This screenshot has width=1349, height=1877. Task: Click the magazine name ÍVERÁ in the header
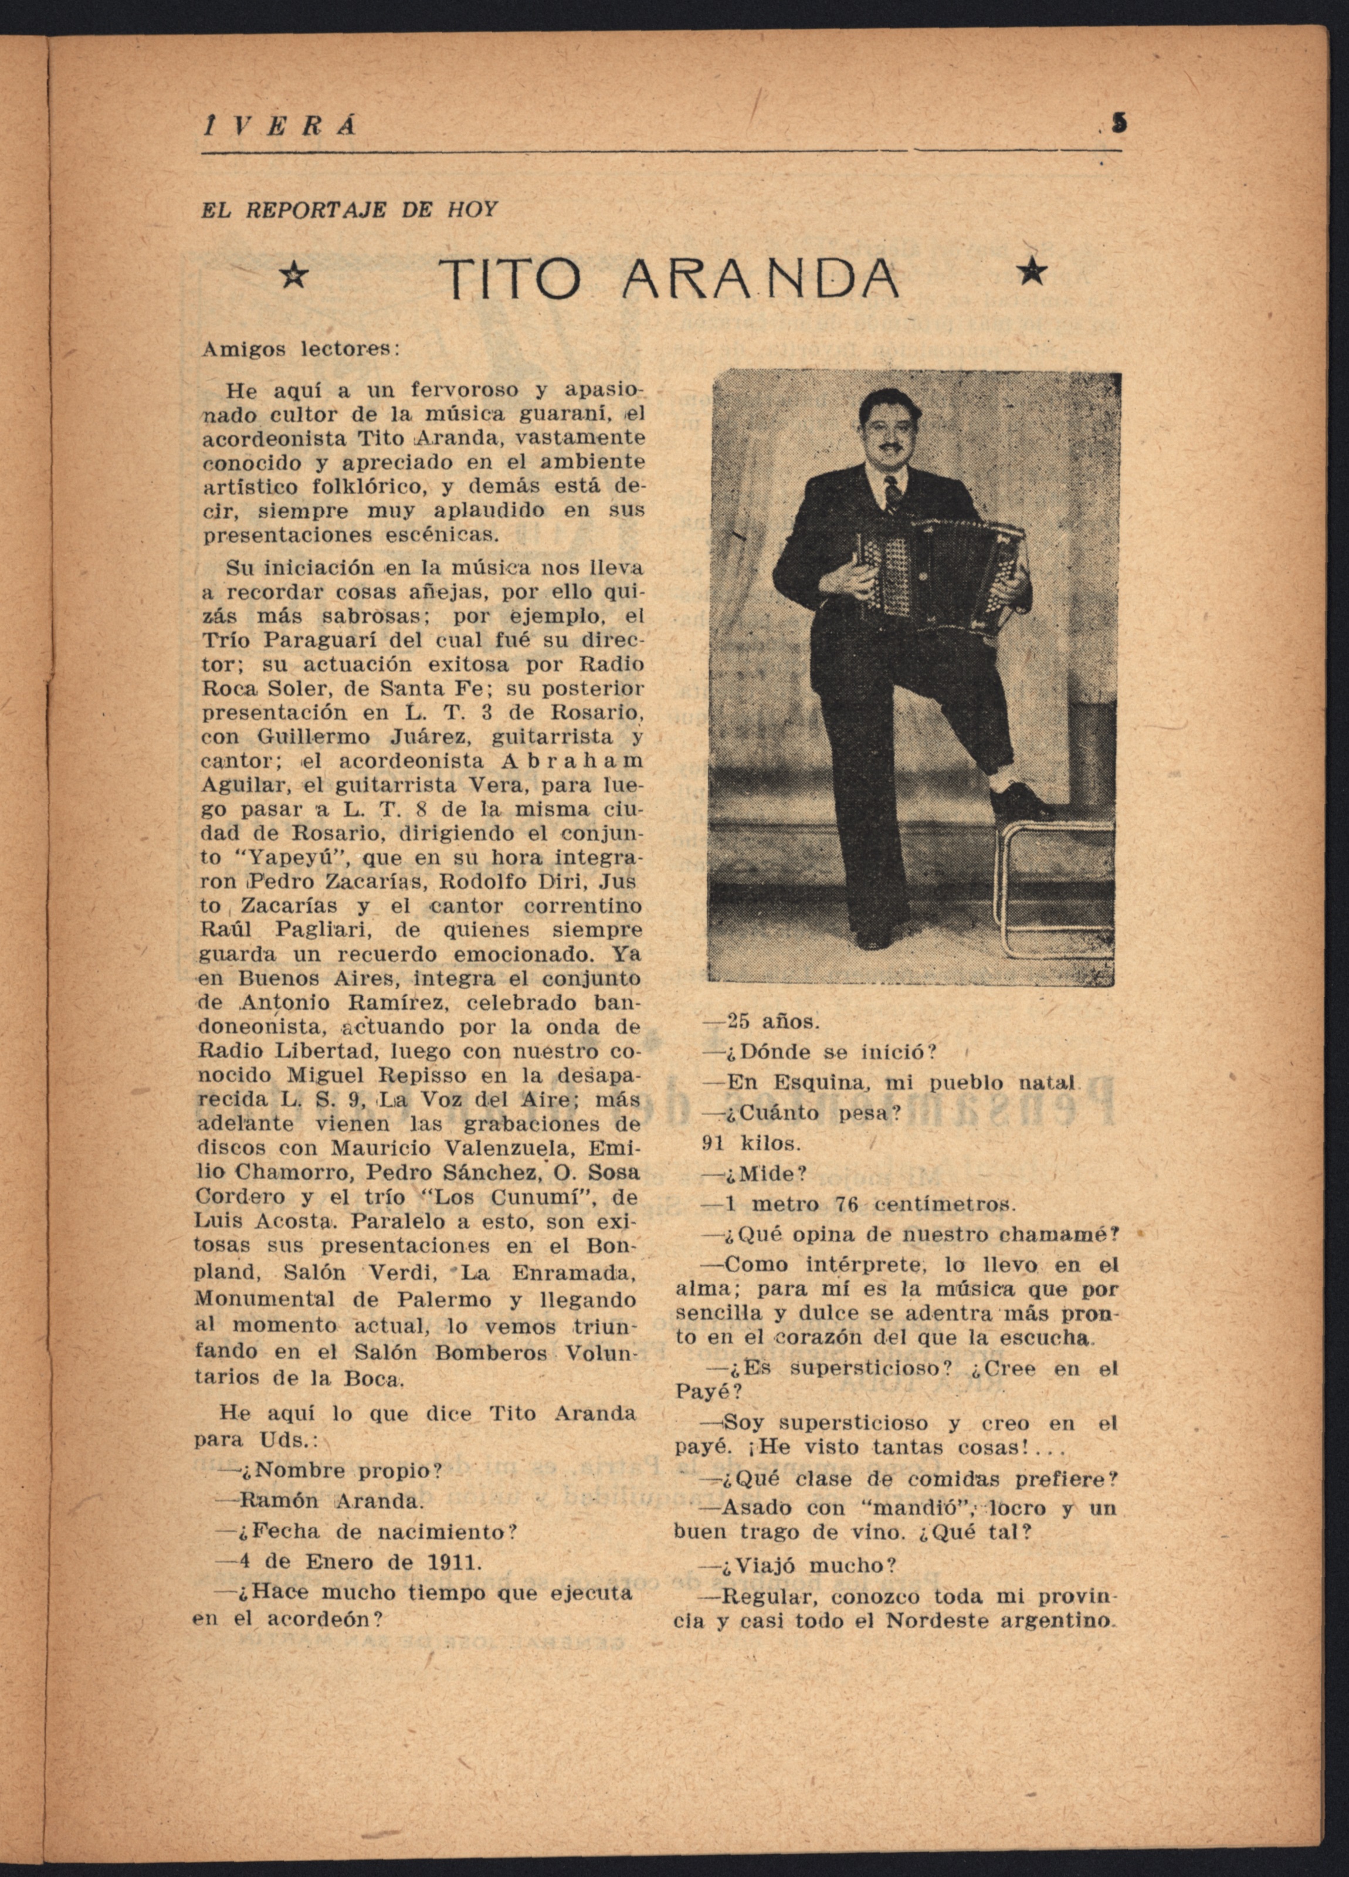(x=280, y=126)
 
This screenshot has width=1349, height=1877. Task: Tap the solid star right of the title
(x=1031, y=270)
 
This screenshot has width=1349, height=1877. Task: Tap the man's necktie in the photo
(x=892, y=497)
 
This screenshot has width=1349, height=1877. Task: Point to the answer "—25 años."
(x=760, y=1021)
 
